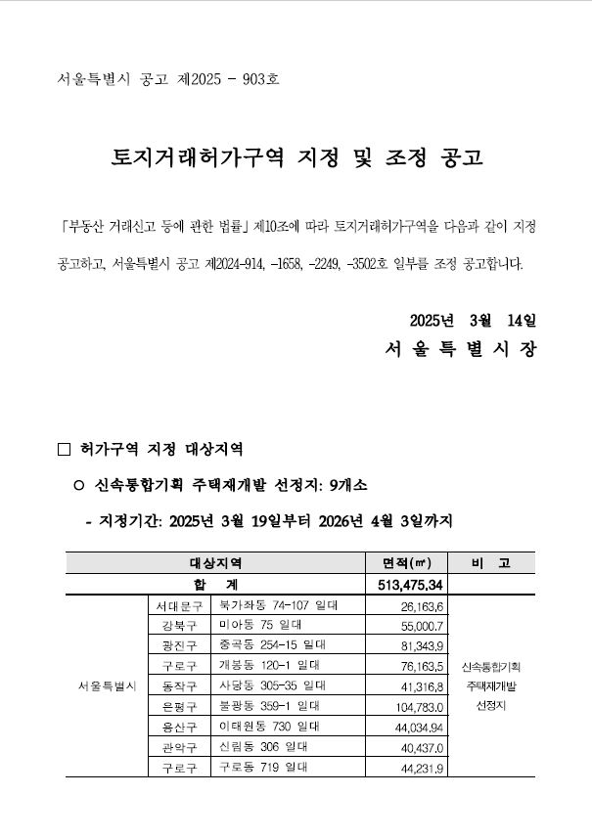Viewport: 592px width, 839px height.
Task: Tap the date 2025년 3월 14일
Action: tap(474, 321)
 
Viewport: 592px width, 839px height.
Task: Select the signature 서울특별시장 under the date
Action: tap(460, 349)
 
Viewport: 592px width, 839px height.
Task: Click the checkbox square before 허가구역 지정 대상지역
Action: tap(65, 450)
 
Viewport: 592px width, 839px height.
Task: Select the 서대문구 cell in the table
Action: tap(178, 606)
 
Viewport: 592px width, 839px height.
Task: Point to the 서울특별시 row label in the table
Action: tap(106, 685)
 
